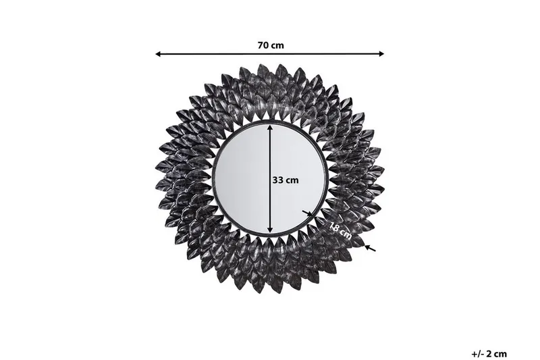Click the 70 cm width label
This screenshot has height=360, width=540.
coord(270,45)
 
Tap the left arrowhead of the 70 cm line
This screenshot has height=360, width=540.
coord(159,53)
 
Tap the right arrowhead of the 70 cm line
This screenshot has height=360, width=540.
coord(381,53)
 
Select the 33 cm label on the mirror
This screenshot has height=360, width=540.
coord(286,180)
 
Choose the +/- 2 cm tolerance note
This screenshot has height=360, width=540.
coord(489,353)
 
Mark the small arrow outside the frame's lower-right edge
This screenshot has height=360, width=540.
coord(370,249)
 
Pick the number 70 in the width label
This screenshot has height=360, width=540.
coord(263,45)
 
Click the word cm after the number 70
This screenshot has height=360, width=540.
coord(277,45)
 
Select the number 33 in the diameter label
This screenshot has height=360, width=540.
coord(277,180)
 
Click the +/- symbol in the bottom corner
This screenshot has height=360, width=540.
coord(477,353)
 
